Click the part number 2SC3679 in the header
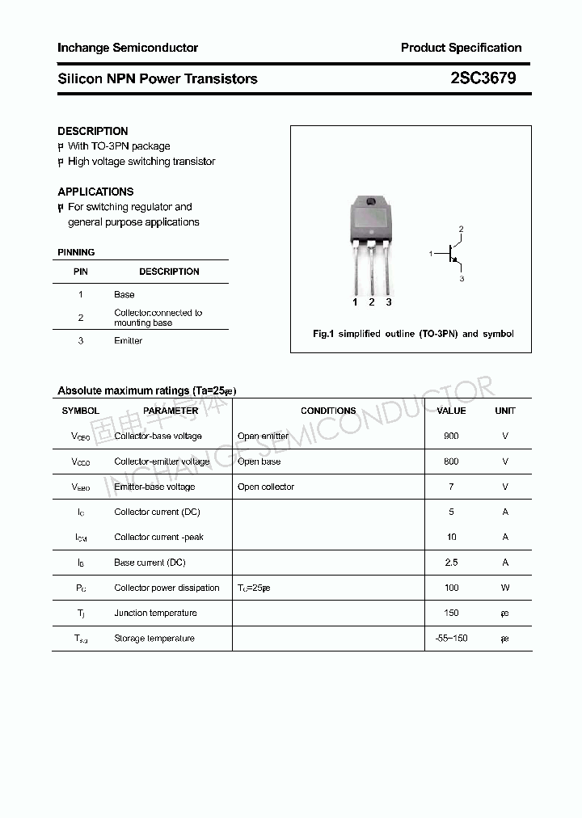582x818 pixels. [483, 78]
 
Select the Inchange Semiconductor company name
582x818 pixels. [128, 48]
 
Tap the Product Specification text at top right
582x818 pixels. [461, 48]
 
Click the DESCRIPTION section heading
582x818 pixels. [93, 131]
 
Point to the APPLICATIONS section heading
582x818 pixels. [95, 192]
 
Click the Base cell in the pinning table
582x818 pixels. [124, 294]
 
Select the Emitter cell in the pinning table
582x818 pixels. [128, 340]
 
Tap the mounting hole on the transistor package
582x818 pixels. [371, 202]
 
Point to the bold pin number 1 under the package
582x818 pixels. [355, 302]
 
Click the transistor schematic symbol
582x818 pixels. [451, 254]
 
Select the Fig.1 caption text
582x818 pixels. [413, 334]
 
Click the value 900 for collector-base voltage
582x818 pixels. [451, 436]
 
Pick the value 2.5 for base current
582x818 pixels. [451, 562]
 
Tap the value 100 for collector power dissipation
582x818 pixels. [451, 588]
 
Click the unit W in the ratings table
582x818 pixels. [505, 588]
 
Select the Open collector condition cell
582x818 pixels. [266, 487]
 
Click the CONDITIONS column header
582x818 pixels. [328, 411]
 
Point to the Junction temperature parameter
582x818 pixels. [155, 613]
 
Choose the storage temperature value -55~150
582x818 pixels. [451, 639]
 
